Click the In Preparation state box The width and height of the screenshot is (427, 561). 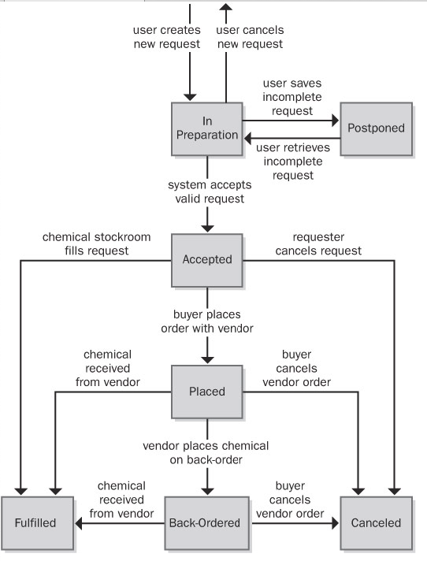click(x=206, y=128)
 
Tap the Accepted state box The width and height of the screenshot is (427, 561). click(x=206, y=259)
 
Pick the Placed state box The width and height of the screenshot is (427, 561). click(x=206, y=391)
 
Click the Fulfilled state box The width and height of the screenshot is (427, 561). click(x=38, y=522)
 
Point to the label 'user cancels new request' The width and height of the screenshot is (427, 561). click(x=250, y=37)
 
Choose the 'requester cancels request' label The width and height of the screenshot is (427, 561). click(x=327, y=243)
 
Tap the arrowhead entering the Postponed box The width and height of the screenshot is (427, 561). click(x=335, y=121)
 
